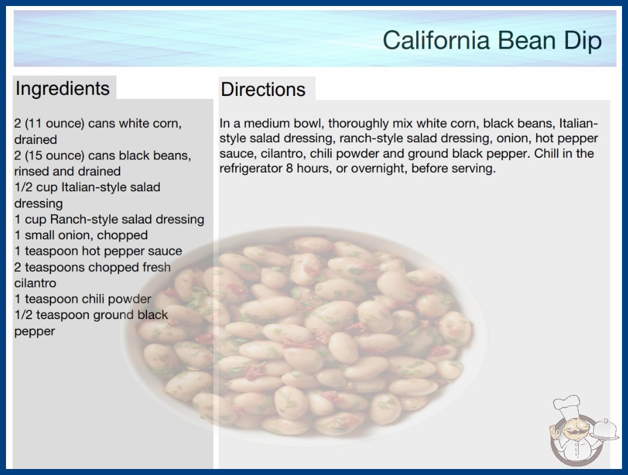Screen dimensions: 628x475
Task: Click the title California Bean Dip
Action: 492,40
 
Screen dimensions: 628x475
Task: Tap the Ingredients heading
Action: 62,89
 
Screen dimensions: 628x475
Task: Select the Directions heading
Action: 263,89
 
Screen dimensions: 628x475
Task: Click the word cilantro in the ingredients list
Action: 35,283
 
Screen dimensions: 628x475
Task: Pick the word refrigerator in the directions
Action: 251,169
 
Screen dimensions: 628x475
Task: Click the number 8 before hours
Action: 289,169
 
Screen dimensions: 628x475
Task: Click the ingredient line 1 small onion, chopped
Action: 81,235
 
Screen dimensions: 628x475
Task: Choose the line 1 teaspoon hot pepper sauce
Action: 98,251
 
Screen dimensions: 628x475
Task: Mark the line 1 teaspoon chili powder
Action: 83,299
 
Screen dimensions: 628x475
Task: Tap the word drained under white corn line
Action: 35,139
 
